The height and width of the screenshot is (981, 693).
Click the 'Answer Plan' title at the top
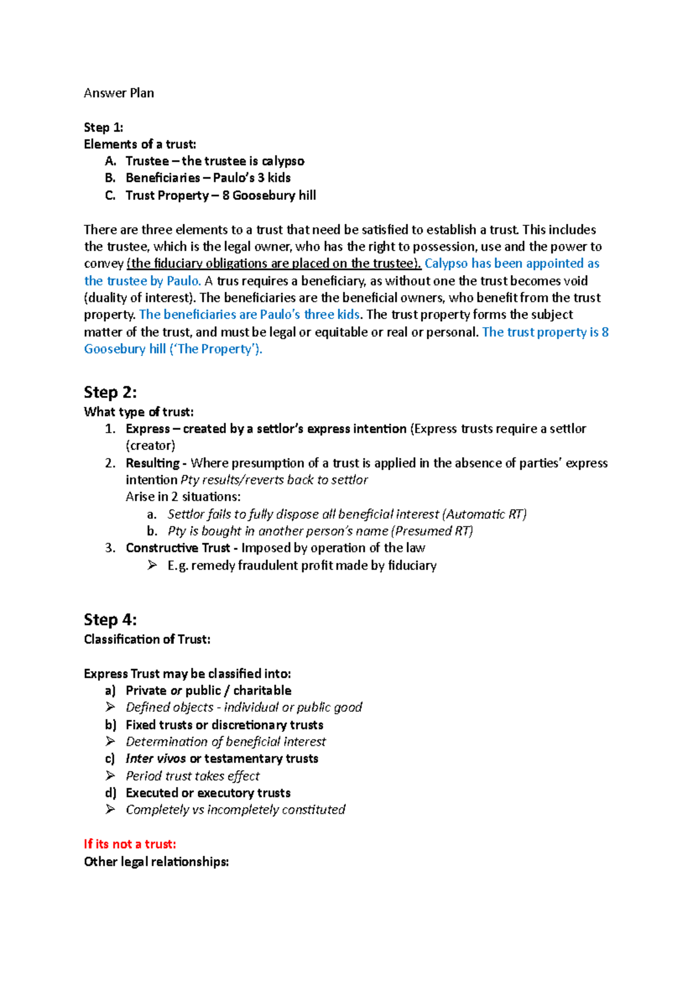pos(118,93)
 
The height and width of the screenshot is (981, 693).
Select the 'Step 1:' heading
pos(103,127)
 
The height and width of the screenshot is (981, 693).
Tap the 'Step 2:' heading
pos(110,392)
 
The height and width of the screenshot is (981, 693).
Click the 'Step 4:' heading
pos(110,620)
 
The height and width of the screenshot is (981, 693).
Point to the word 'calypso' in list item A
pos(282,161)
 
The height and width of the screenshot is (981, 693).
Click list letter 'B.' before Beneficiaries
pos(110,178)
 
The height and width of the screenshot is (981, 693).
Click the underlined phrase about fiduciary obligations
pos(274,263)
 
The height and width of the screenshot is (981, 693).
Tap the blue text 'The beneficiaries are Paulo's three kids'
pos(249,315)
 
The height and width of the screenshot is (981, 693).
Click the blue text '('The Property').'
pos(215,349)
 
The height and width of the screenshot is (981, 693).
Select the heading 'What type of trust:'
pos(139,412)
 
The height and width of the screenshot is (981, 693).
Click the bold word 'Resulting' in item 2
pos(152,463)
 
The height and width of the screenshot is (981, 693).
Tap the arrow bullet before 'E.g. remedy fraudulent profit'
pos(152,565)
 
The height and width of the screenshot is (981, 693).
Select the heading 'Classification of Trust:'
pos(147,640)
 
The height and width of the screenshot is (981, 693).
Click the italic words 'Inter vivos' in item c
pos(155,759)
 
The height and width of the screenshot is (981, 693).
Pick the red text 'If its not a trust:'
pos(130,844)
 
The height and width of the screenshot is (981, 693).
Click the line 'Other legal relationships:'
pos(156,861)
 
